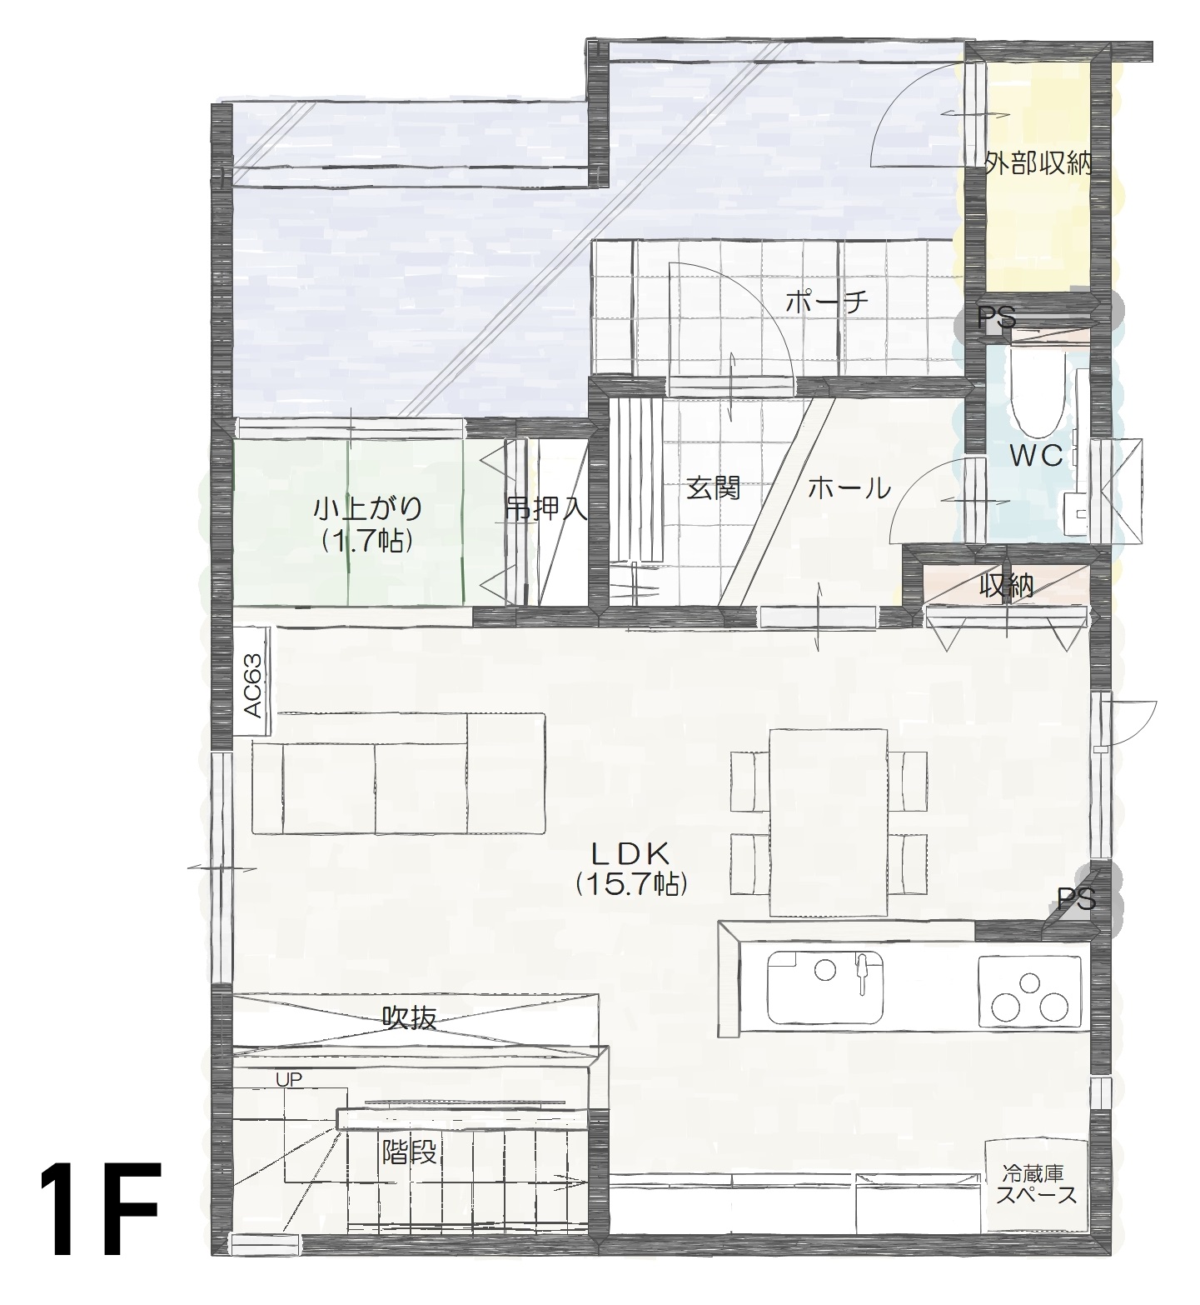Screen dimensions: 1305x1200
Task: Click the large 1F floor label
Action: tap(98, 1207)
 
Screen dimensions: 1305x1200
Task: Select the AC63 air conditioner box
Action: tap(253, 682)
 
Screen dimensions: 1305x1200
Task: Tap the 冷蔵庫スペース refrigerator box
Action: tap(1035, 1186)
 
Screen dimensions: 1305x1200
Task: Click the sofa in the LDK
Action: tap(398, 773)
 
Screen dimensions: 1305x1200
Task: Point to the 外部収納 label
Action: tap(1037, 164)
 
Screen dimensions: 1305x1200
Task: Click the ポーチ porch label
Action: tap(826, 302)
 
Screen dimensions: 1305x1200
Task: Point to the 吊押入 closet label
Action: tap(545, 508)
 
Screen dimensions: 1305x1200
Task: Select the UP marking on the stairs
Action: tap(289, 1079)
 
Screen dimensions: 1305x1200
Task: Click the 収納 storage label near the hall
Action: tap(1005, 587)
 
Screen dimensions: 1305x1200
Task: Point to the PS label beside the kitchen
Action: tap(1076, 898)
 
